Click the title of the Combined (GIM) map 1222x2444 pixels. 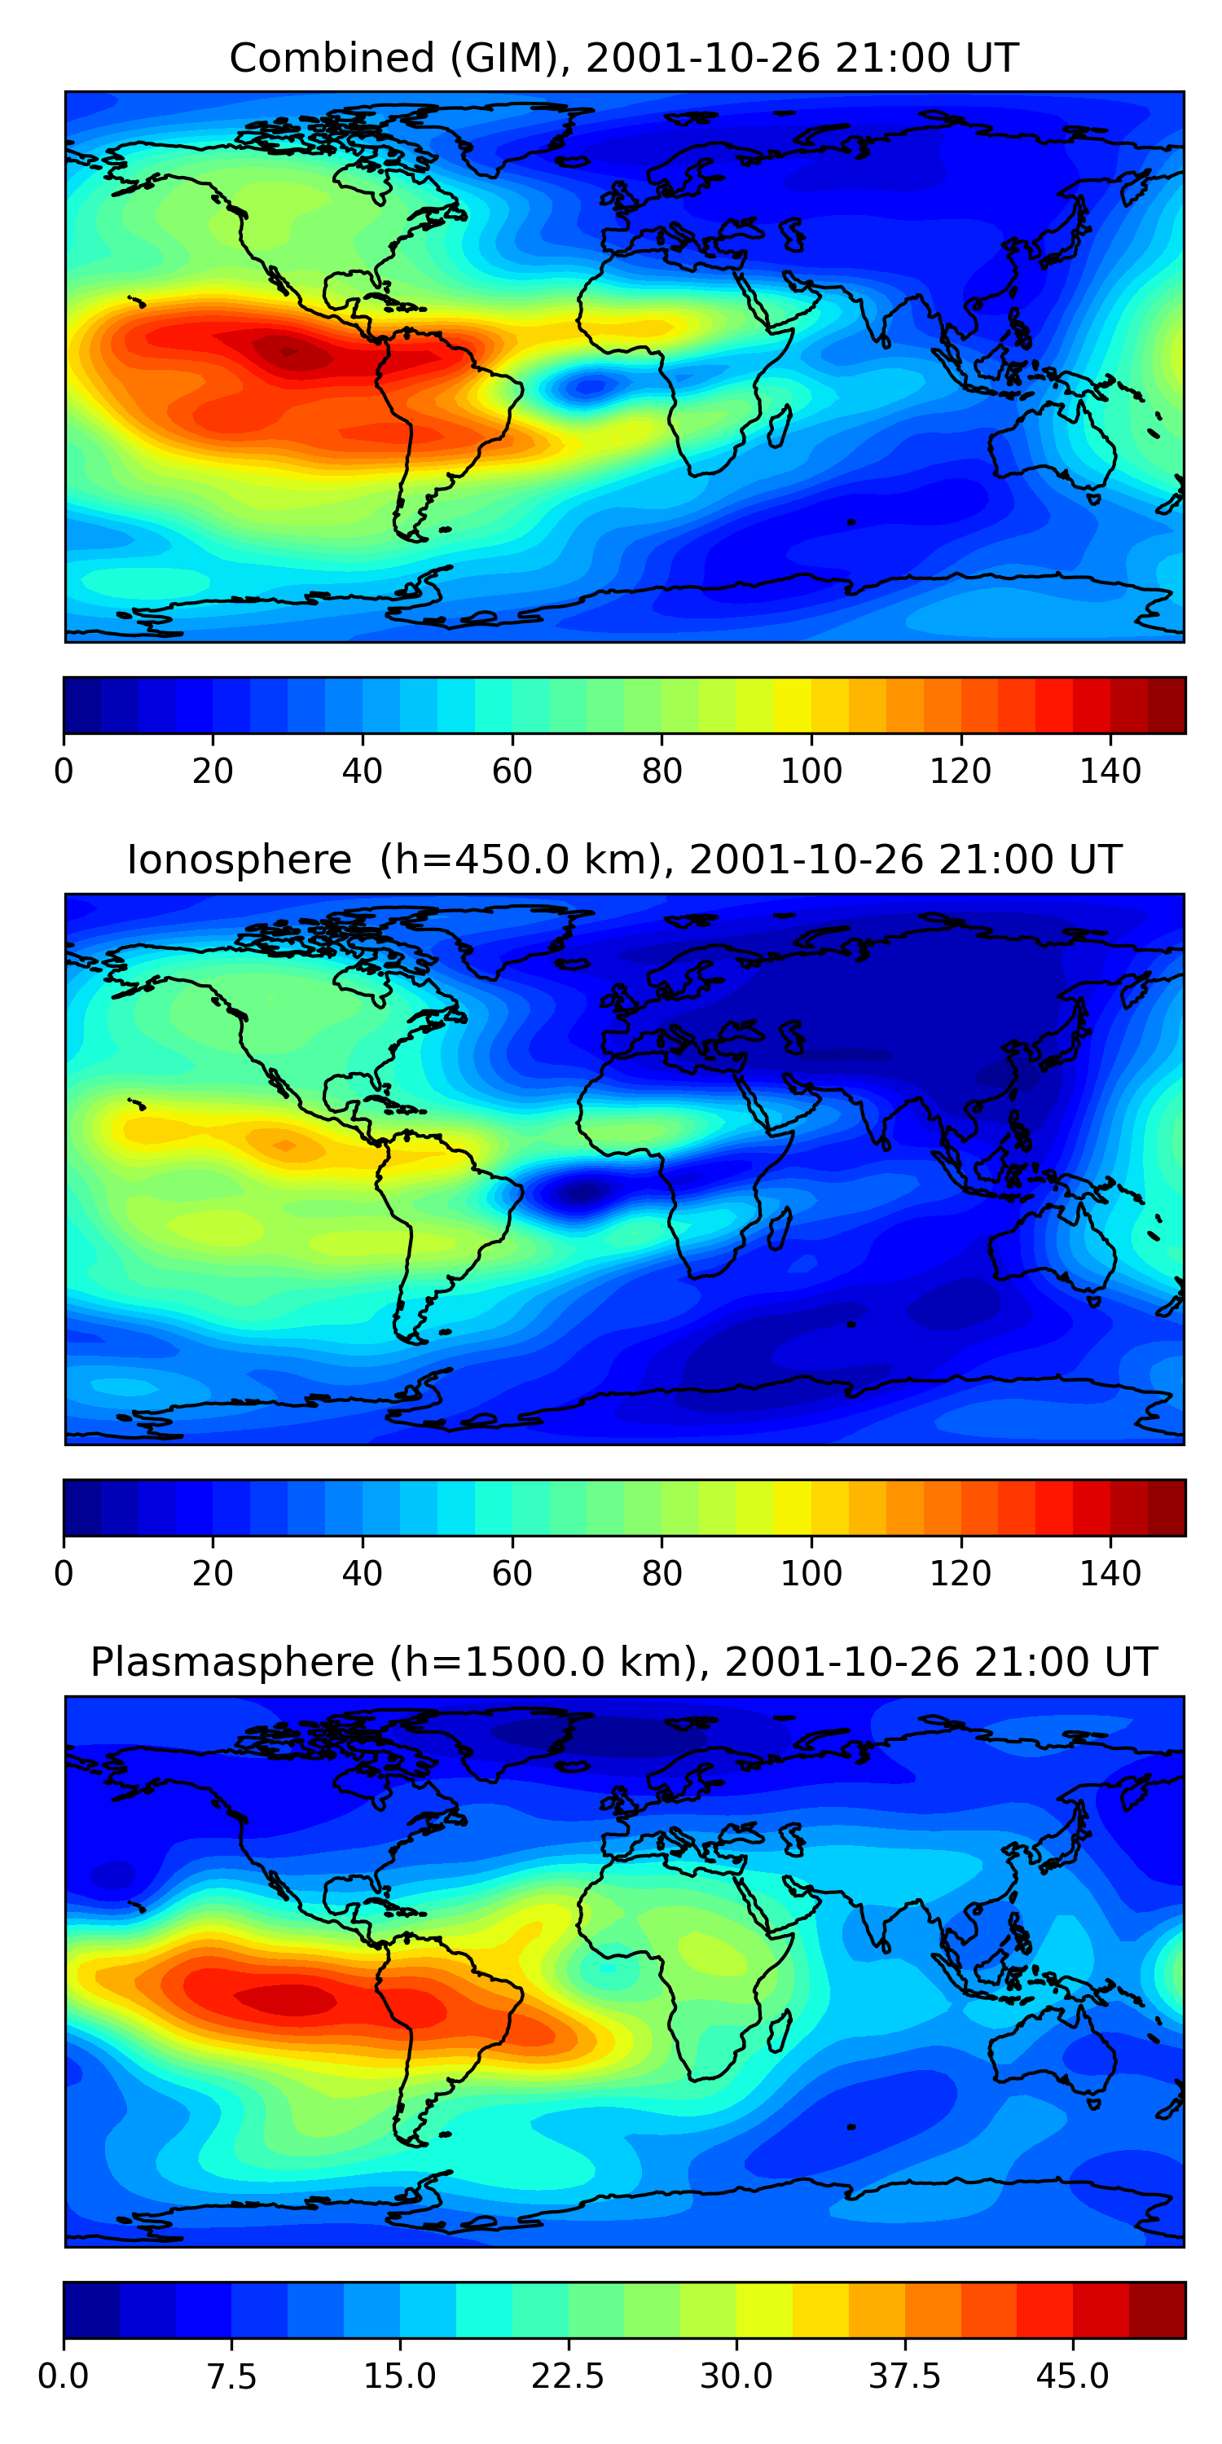[623, 59]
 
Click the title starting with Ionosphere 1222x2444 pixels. [623, 860]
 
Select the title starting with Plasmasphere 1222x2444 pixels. [623, 1662]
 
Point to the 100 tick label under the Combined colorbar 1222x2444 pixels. [811, 771]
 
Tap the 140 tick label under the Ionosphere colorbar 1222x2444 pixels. [1110, 1573]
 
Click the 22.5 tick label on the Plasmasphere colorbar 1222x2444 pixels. [567, 2376]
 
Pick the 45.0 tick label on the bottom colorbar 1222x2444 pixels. [1072, 2376]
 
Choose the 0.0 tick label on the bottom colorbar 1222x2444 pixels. [64, 2376]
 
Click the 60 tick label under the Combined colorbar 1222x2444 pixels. [512, 771]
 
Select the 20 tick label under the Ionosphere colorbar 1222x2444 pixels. [213, 1573]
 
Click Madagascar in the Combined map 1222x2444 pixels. [780, 426]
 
